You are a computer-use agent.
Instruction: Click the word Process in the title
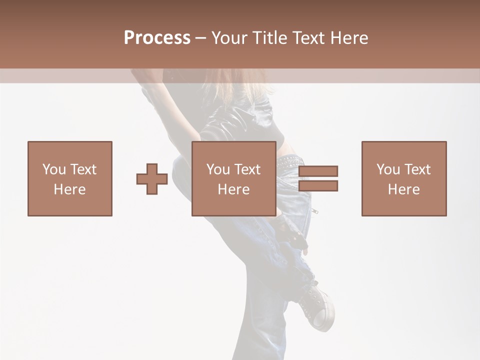tap(157, 38)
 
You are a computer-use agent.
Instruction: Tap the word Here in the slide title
tap(349, 38)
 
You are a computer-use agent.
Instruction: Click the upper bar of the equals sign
tap(318, 171)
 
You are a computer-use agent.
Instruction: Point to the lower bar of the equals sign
tap(318, 186)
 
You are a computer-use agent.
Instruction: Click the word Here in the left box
tap(69, 189)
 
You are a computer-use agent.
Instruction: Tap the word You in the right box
tap(388, 169)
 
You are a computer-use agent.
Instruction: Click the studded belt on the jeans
tap(289, 161)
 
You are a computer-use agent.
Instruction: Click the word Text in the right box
tap(417, 169)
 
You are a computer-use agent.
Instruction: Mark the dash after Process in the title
tap(201, 38)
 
